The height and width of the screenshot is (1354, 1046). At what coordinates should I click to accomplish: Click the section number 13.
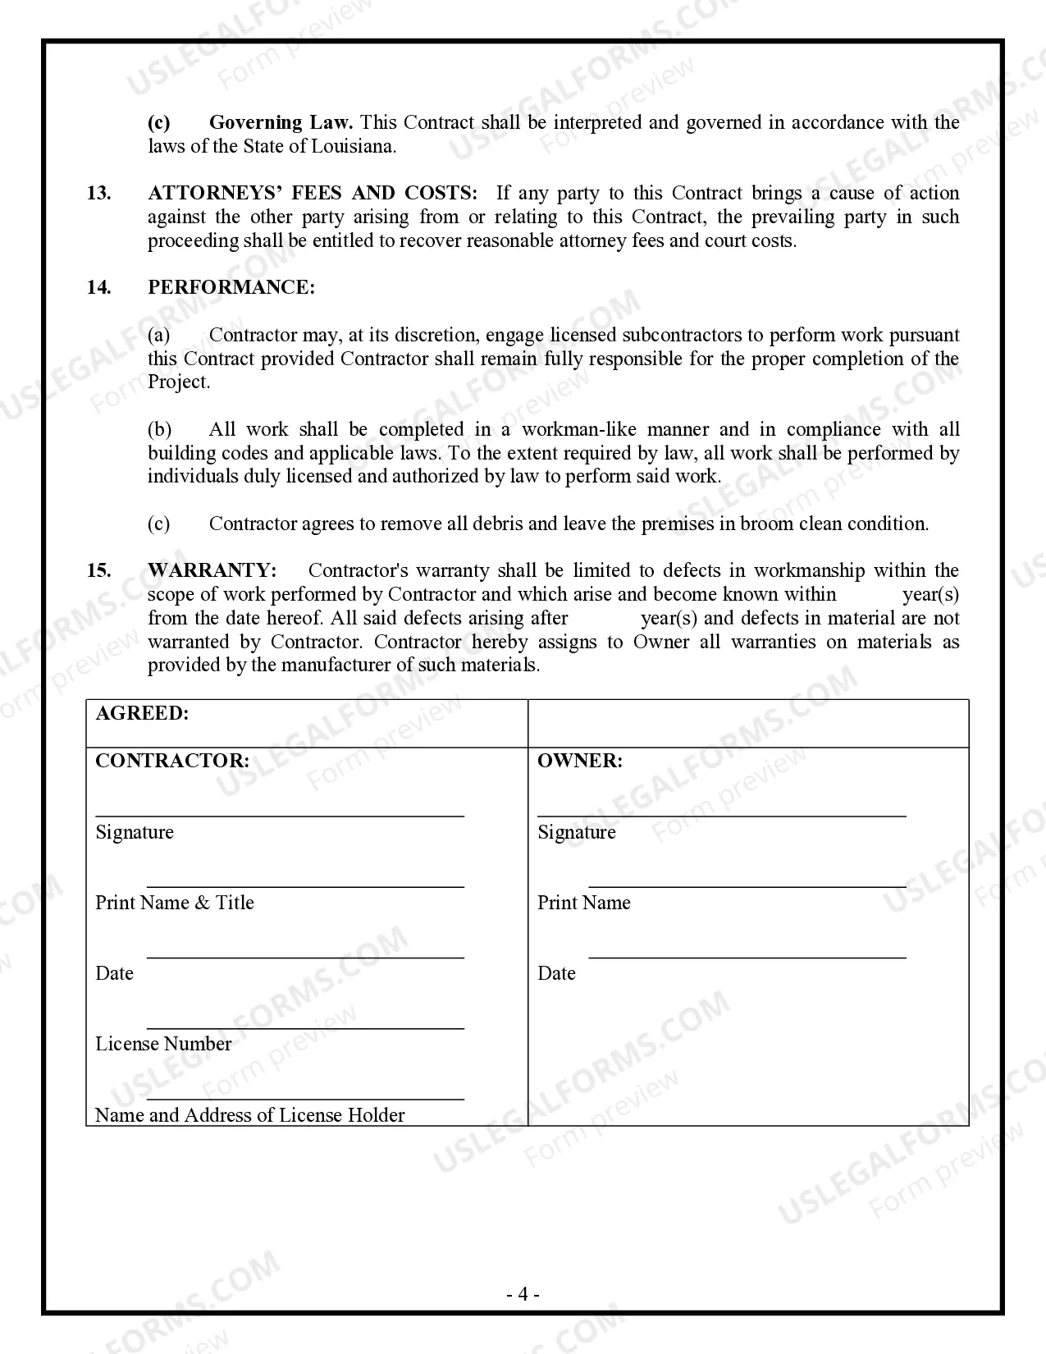98,194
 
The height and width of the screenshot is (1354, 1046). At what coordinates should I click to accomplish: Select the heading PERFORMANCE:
231,288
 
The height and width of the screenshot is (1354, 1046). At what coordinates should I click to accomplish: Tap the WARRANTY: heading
212,571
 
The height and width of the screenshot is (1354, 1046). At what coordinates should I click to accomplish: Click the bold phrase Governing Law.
281,123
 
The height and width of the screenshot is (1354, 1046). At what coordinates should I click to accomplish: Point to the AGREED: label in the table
142,714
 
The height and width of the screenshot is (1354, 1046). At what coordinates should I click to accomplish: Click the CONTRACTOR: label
172,762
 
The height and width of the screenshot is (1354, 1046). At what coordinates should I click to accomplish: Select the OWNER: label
579,762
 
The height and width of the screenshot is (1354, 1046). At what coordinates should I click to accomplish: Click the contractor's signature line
280,814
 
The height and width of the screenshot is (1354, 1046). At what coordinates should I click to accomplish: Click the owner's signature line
721,814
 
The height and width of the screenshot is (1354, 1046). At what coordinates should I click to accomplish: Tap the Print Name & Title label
175,903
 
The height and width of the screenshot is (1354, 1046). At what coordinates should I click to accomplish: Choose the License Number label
163,1044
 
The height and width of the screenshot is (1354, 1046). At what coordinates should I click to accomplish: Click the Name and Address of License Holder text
249,1115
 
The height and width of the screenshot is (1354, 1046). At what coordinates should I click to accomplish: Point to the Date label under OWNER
556,973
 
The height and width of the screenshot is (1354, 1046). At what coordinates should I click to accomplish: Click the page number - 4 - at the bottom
523,1295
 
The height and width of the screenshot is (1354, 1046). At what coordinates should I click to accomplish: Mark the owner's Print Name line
747,885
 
